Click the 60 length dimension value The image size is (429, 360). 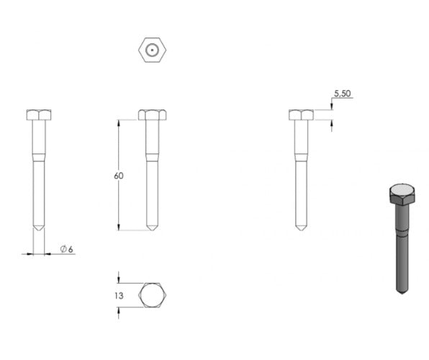pyautogui.click(x=119, y=176)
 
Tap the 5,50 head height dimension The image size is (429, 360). pyautogui.click(x=342, y=94)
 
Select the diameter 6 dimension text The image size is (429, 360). pyautogui.click(x=67, y=249)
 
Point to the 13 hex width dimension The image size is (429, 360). pyautogui.click(x=119, y=296)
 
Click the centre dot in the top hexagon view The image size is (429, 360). pyautogui.click(x=152, y=50)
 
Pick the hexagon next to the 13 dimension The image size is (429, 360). pyautogui.click(x=153, y=295)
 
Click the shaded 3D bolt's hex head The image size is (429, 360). pyautogui.click(x=402, y=194)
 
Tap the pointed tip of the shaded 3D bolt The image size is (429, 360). pyautogui.click(x=402, y=294)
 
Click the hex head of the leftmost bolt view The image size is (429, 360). pyautogui.click(x=39, y=114)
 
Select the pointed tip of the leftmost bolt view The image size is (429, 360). pyautogui.click(x=39, y=230)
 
